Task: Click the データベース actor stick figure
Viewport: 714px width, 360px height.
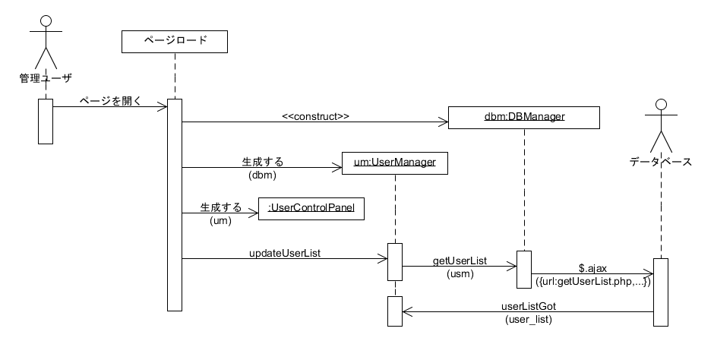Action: pos(660,125)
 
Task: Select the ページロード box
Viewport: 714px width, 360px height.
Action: pos(175,41)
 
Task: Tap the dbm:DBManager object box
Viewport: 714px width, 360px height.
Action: pos(524,116)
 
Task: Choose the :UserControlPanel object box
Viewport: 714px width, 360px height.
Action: pos(311,208)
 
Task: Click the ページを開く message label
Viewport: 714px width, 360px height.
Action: pos(109,99)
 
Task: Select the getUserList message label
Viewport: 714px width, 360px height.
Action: pos(460,260)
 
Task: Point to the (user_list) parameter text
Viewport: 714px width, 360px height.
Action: pos(529,320)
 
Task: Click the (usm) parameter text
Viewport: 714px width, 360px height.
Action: pos(460,273)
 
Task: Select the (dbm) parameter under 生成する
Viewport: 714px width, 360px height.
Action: pos(262,175)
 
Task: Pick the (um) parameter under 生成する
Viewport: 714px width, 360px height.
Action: pos(221,220)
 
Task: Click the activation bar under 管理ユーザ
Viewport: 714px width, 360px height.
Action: pos(45,121)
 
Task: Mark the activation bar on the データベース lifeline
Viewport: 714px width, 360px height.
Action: pos(661,292)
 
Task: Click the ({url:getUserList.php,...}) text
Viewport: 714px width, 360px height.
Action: pos(592,281)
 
